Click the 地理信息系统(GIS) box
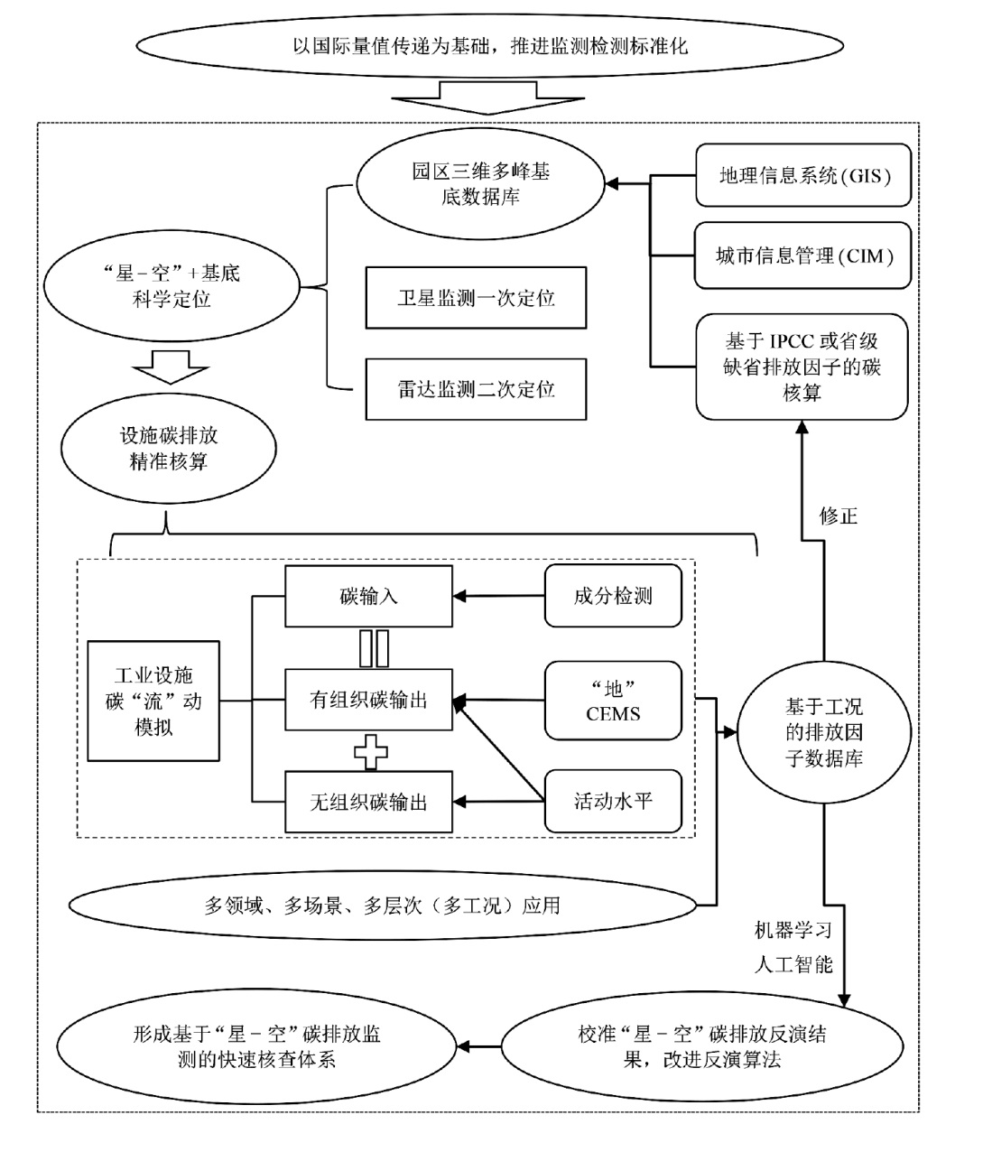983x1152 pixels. click(802, 176)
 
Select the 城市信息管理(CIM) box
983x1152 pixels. click(802, 256)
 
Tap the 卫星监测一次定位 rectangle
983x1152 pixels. click(476, 298)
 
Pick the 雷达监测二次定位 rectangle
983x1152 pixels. click(476, 389)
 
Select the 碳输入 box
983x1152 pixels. click(368, 596)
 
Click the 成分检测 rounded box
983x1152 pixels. click(613, 596)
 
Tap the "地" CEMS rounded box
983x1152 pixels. click(613, 701)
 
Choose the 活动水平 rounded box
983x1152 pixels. click(613, 801)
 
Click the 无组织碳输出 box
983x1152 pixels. click(368, 802)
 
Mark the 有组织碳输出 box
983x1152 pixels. click(368, 700)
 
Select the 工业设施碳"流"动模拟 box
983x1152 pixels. click(153, 701)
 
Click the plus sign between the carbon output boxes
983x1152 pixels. click(370, 751)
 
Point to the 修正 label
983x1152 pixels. click(838, 516)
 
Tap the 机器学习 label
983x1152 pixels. click(793, 930)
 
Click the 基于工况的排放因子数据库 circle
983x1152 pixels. click(823, 733)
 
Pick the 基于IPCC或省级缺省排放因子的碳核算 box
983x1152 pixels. click(802, 367)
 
